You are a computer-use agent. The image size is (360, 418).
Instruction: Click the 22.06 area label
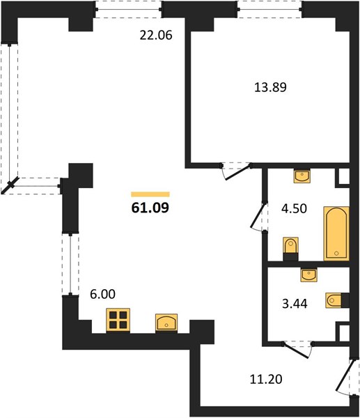point(156,36)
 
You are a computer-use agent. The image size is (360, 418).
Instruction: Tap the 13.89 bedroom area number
point(270,87)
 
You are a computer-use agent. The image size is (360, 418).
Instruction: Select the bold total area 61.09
point(150,208)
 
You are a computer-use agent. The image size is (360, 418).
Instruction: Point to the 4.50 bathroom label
point(294,208)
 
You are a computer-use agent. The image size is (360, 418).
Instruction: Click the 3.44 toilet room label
point(295,303)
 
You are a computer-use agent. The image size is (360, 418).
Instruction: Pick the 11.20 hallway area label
point(266,379)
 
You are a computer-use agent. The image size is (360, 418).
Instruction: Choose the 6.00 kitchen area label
point(102,294)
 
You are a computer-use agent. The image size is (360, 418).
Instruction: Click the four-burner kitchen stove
point(118,320)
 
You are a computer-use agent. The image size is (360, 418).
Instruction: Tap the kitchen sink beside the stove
point(166,323)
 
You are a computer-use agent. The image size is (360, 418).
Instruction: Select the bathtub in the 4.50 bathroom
point(336,233)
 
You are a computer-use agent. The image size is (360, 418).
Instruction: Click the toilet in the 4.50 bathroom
point(290,249)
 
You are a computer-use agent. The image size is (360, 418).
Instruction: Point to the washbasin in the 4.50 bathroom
point(302,176)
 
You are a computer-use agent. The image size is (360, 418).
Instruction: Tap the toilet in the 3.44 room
point(337,300)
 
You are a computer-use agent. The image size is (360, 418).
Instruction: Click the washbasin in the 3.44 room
point(309,274)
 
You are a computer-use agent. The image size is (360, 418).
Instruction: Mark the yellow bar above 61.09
point(150,194)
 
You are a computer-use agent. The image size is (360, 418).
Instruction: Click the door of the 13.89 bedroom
point(236,171)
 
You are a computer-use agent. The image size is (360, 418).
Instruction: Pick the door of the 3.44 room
point(297,350)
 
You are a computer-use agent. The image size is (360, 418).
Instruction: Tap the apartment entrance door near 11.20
point(346,376)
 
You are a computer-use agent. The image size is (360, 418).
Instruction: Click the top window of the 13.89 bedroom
point(269,9)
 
